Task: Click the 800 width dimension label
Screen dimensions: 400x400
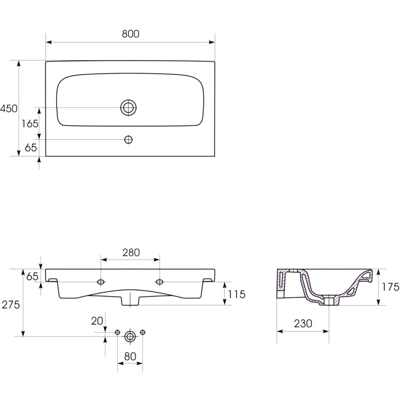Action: point(131,34)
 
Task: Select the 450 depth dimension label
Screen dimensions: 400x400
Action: point(9,109)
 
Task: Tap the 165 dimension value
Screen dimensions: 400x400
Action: point(30,124)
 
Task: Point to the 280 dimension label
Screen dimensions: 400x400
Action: point(131,252)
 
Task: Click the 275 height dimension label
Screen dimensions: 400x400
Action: point(11,304)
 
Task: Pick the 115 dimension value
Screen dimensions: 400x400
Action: point(237,294)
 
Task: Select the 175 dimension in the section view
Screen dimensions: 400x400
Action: point(390,287)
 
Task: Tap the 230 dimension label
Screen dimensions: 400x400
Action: point(303,324)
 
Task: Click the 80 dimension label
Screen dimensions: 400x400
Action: point(130,356)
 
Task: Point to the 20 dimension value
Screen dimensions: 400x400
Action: point(97,321)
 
